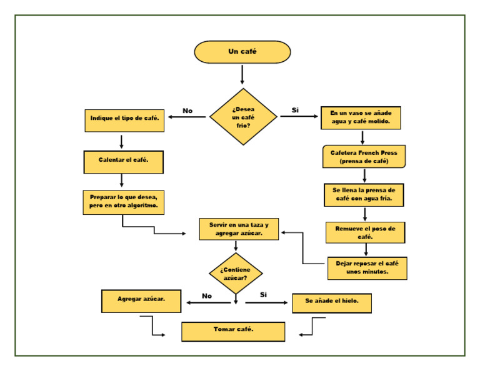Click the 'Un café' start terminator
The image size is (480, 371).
242,52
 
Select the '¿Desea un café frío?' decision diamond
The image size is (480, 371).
243,117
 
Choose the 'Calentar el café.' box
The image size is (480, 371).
123,161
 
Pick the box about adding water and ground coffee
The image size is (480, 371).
361,117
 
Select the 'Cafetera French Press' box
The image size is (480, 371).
364,157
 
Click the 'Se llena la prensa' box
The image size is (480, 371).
364,195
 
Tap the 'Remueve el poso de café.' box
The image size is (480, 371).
365,232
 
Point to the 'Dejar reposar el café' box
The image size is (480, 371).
367,268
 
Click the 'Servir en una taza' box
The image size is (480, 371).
239,229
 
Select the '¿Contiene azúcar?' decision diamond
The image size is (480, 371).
236,274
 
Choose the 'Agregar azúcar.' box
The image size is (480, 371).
141,300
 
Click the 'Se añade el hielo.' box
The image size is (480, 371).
332,302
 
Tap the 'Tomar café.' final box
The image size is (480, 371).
233,331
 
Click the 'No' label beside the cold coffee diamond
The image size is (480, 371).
187,111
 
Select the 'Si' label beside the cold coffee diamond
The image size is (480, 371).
295,110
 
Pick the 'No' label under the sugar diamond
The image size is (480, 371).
207,295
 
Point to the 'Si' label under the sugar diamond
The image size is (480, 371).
263,294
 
